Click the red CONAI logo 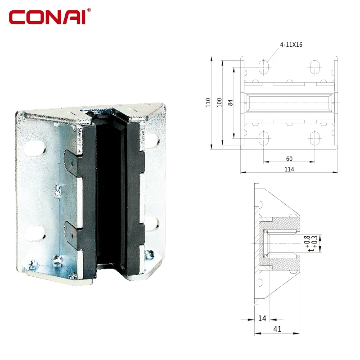pyautogui.click(x=50, y=17)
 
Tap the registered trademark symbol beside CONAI pyautogui.click(x=89, y=10)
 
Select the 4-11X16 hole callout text pyautogui.click(x=291, y=45)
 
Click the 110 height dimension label pyautogui.click(x=208, y=103)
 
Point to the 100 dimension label pyautogui.click(x=220, y=103)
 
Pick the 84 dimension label pyautogui.click(x=230, y=103)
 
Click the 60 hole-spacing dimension pyautogui.click(x=289, y=159)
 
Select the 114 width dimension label pyautogui.click(x=289, y=169)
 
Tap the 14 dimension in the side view pyautogui.click(x=262, y=318)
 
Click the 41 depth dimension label pyautogui.click(x=277, y=329)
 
